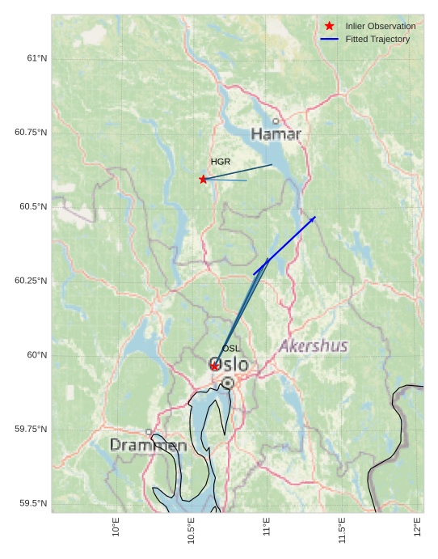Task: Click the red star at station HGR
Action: pyautogui.click(x=203, y=179)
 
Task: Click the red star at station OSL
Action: pyautogui.click(x=214, y=366)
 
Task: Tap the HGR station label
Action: pyautogui.click(x=221, y=162)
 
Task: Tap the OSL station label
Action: pyautogui.click(x=231, y=349)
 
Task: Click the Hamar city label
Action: pyautogui.click(x=276, y=133)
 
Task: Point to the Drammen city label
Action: pyautogui.click(x=148, y=445)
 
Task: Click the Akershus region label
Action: pyautogui.click(x=314, y=346)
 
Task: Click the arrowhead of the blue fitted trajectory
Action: pyautogui.click(x=314, y=217)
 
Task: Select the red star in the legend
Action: pyautogui.click(x=329, y=26)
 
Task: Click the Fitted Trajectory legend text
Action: pyautogui.click(x=377, y=39)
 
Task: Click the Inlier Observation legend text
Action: pyautogui.click(x=381, y=26)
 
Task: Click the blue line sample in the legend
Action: pyautogui.click(x=329, y=39)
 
